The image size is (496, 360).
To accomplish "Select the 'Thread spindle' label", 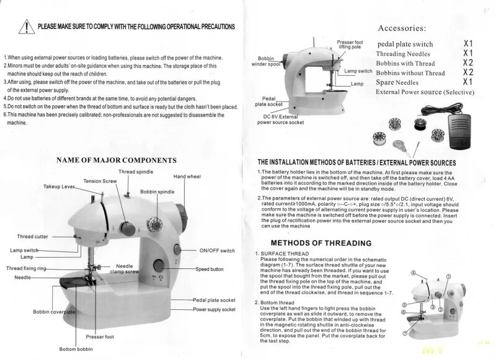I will (136, 172).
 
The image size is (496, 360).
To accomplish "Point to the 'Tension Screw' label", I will (100, 181).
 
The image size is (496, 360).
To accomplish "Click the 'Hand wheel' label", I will (187, 177).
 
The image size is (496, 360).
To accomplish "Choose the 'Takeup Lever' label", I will (59, 186).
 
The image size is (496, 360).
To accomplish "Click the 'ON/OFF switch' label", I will (217, 251).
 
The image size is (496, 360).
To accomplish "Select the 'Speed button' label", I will (210, 270).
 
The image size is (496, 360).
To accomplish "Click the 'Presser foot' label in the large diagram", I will (100, 337).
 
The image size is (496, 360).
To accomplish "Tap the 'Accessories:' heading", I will (402, 29).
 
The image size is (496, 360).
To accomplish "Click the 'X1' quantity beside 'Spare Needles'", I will (467, 82).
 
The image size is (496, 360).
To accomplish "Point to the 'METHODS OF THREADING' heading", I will (321, 243).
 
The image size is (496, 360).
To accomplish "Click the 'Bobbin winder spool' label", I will (265, 61).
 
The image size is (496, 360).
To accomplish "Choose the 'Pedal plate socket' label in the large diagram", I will (214, 300).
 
